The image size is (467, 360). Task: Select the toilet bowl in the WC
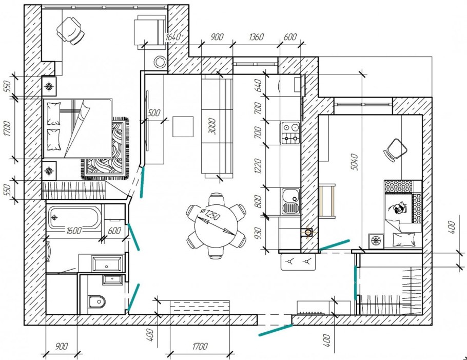97,301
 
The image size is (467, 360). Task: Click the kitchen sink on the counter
290,201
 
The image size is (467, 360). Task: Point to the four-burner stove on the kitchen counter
290,133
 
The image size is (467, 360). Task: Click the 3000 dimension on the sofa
212,126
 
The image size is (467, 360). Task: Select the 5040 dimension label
354,162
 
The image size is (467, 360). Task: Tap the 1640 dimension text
173,37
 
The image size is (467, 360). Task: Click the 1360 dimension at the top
256,36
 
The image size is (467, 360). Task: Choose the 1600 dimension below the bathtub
73,231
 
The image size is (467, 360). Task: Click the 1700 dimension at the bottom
200,346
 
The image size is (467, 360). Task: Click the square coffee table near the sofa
183,127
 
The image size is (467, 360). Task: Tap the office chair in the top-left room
71,31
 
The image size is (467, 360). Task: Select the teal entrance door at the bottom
276,330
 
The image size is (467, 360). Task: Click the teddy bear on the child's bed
398,207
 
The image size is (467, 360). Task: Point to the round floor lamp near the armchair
160,62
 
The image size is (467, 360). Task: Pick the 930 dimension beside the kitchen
258,233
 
